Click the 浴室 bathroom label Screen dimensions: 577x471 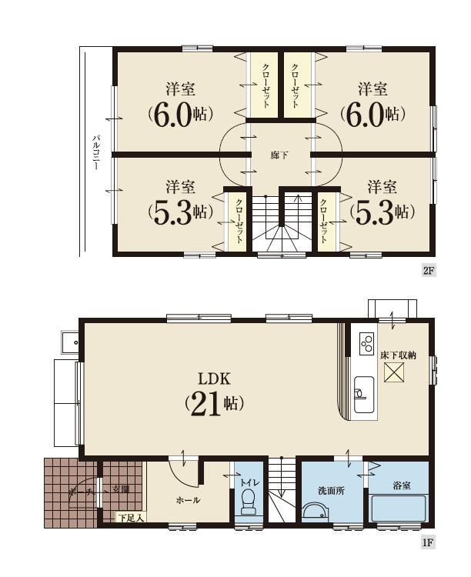[402, 486]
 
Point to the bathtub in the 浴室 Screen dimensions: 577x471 [399, 510]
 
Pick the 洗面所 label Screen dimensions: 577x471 [331, 490]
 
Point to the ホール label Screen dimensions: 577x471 [188, 500]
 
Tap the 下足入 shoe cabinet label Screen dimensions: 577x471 [130, 518]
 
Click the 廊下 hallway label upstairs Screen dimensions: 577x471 [279, 155]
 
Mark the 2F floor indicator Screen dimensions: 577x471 [429, 270]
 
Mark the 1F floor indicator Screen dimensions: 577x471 [429, 542]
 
